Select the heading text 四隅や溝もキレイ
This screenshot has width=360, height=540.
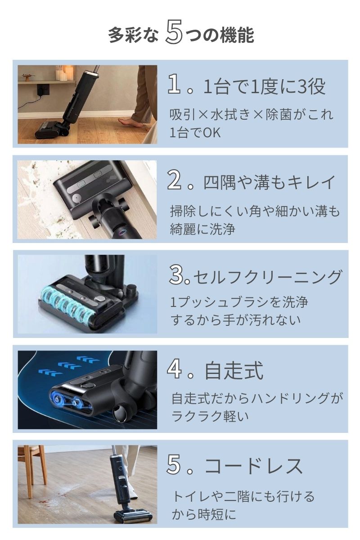click(270, 182)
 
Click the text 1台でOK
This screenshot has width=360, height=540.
click(195, 133)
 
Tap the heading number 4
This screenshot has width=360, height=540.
click(175, 370)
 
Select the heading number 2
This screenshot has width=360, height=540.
click(175, 181)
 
